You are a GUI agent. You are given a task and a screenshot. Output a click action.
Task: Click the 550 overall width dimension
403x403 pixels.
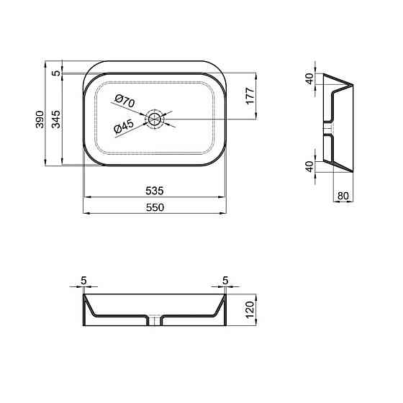point(155,207)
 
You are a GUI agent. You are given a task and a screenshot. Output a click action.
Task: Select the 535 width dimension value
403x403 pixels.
point(155,191)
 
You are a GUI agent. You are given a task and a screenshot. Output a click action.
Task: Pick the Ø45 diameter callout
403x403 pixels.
point(124,127)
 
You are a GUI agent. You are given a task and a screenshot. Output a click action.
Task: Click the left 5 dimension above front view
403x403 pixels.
point(84,280)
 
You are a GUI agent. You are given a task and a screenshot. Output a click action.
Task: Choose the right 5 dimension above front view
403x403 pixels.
point(225,280)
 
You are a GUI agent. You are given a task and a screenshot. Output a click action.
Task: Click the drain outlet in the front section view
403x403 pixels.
point(155,320)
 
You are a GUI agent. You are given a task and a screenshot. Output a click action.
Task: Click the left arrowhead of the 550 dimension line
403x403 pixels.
point(86,213)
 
